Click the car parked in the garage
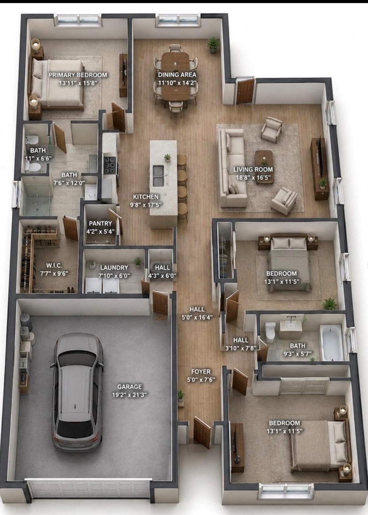point(77,392)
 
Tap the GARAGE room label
point(129,387)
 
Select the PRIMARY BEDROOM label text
point(78,75)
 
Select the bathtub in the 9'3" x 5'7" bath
point(331,342)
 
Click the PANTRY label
point(100,223)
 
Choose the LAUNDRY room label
point(114,268)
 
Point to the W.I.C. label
point(54,265)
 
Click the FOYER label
point(201,372)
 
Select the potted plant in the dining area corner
point(213,45)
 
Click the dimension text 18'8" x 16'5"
point(253,178)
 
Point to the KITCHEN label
point(146,197)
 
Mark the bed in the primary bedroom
point(58,83)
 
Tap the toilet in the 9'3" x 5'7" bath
point(271,332)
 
